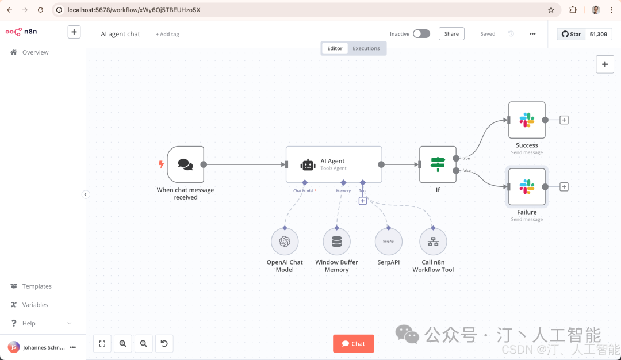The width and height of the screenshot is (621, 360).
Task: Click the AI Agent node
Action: (334, 164)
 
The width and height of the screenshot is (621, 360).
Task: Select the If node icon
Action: (438, 164)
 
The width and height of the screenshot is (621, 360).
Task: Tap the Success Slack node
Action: (527, 120)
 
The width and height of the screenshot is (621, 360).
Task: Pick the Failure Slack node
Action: (527, 186)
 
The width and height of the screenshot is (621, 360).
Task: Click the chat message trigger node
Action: (185, 164)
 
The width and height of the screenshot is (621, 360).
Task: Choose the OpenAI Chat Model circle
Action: (285, 242)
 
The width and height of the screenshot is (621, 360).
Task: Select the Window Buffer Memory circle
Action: (336, 242)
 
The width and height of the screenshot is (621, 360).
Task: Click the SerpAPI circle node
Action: (389, 242)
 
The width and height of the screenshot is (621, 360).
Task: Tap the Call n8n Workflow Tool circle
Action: (434, 242)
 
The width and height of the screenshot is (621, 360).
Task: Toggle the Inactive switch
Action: (421, 34)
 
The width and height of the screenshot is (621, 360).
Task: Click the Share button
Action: (451, 34)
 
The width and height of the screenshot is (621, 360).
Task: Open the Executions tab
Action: (366, 48)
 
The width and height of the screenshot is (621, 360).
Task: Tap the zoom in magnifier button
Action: (123, 344)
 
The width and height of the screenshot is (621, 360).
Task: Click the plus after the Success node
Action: (564, 120)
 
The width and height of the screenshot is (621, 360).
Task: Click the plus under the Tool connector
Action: (363, 201)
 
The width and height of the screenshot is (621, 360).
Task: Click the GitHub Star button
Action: (571, 34)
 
